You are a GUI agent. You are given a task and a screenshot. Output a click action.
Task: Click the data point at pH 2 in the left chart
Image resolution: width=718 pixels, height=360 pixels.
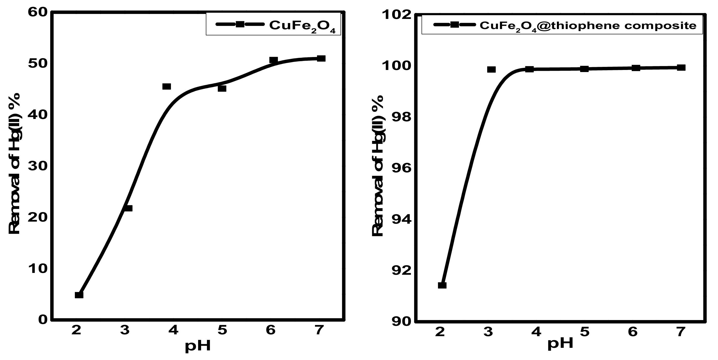click(79, 295)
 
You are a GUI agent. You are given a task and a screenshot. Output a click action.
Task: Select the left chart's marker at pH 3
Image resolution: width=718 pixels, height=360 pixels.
click(128, 208)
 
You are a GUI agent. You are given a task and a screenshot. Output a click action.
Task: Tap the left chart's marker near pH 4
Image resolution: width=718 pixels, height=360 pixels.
click(166, 87)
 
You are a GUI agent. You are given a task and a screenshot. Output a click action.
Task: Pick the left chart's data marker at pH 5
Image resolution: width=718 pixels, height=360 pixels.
click(222, 88)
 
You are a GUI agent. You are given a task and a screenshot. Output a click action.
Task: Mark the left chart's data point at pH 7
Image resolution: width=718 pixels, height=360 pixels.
click(321, 58)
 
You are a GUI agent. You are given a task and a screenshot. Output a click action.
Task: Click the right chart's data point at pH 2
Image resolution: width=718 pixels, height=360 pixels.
click(442, 285)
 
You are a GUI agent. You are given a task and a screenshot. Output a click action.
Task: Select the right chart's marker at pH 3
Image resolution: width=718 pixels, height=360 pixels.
click(491, 69)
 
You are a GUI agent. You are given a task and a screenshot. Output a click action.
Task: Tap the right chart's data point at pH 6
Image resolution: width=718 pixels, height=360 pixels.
click(636, 68)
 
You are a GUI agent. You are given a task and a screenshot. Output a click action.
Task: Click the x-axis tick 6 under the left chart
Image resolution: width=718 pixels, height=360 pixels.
click(271, 330)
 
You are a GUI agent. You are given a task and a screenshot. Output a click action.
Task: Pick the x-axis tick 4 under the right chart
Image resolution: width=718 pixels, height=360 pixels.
click(536, 332)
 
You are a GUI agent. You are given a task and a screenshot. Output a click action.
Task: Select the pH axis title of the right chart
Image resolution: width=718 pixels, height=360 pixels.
click(560, 344)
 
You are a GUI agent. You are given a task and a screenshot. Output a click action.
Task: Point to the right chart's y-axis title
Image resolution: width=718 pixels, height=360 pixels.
click(378, 166)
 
